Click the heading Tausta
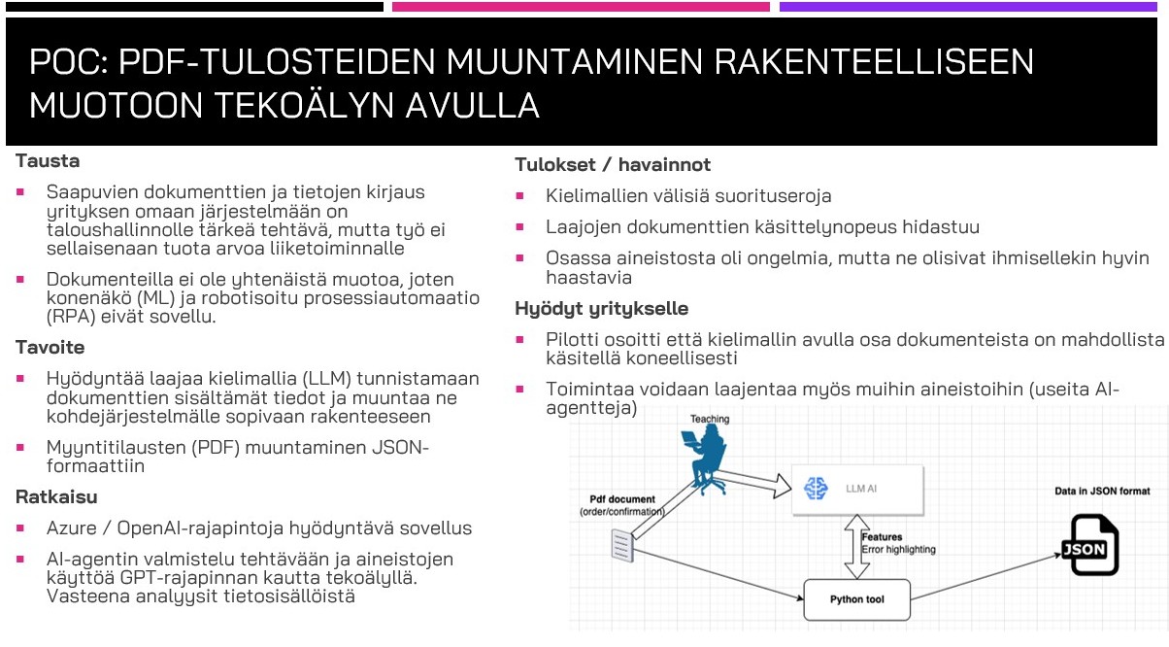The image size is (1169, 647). click(48, 161)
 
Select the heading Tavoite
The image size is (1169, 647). click(50, 347)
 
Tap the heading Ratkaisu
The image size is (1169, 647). click(56, 496)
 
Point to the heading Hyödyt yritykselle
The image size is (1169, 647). click(601, 309)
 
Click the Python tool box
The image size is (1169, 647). click(857, 599)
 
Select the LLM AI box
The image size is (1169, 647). click(855, 488)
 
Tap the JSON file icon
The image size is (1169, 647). click(1088, 545)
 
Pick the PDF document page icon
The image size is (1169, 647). click(622, 546)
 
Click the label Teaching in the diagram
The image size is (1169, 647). click(710, 419)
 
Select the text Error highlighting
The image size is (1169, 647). click(898, 550)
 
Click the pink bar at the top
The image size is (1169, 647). click(580, 7)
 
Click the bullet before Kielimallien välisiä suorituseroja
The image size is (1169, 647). click(520, 195)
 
